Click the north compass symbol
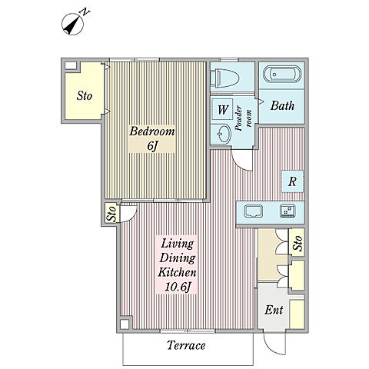click(73, 25)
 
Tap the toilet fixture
click(225, 78)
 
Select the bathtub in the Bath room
click(282, 75)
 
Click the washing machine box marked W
click(222, 109)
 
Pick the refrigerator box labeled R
click(293, 181)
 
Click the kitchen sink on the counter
click(253, 211)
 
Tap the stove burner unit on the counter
click(288, 211)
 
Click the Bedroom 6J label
click(152, 138)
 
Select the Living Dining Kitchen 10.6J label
click(177, 265)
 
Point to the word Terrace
click(186, 345)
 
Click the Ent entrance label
click(274, 310)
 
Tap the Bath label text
click(282, 105)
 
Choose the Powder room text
click(243, 118)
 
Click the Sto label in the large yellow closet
click(85, 96)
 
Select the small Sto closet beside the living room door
click(112, 214)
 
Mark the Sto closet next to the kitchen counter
click(297, 242)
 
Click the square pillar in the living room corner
click(125, 324)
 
